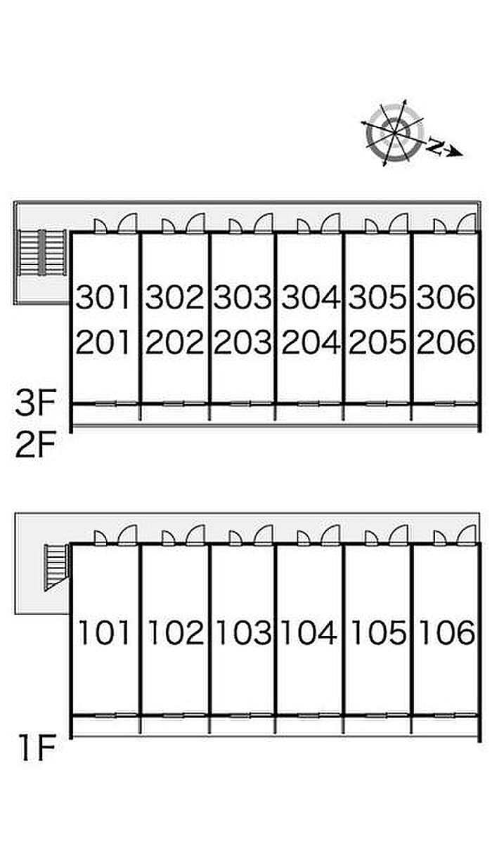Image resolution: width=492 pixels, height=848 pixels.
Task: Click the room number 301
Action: tap(104, 298)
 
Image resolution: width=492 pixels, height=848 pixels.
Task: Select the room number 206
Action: tap(446, 342)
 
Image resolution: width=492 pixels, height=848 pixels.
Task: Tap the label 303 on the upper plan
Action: tap(242, 298)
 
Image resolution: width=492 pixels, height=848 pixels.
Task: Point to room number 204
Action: tap(311, 342)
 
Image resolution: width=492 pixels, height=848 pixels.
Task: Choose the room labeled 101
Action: tap(104, 633)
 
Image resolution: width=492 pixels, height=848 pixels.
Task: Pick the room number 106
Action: tap(446, 633)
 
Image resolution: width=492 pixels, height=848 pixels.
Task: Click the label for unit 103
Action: tap(242, 633)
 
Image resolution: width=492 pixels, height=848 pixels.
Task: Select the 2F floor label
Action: tap(35, 445)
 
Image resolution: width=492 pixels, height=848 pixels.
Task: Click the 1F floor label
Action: tap(35, 750)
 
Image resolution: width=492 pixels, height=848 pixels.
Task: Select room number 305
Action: tap(378, 298)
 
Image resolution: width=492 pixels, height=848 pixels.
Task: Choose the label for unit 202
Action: tap(174, 342)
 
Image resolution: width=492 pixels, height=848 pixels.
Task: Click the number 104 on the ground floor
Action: tap(311, 633)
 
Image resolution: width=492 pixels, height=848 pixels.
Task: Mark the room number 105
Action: tap(378, 633)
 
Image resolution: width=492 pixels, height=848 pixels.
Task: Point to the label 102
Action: tap(174, 633)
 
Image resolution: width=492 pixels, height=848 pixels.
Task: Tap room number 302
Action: tap(174, 298)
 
